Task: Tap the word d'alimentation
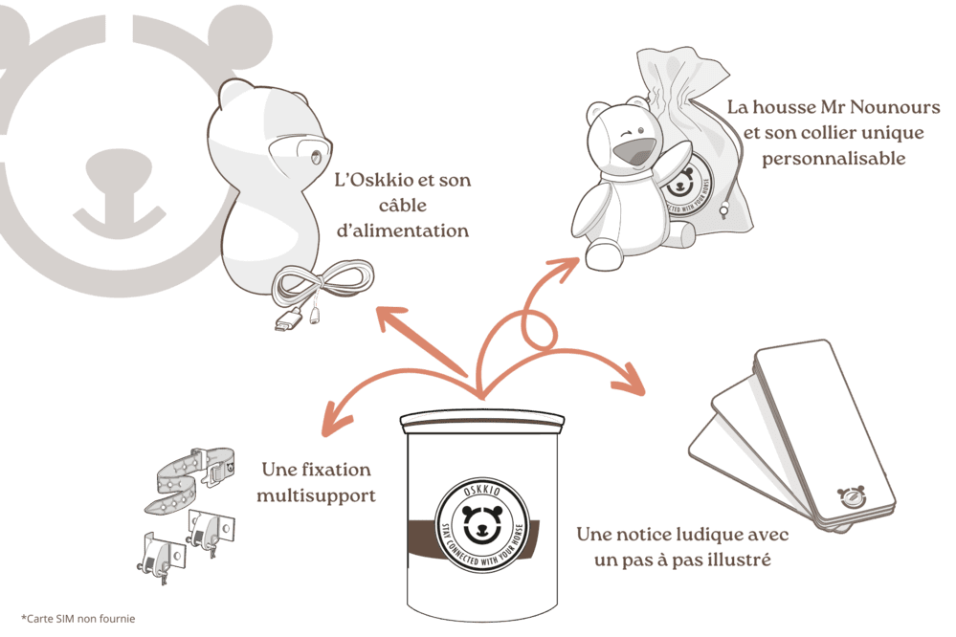pos(403,231)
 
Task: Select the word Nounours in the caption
pos(895,107)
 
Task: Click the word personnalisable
pos(834,159)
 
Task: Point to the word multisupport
pos(316,495)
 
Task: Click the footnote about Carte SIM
pos(78,619)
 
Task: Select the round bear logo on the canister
pos(481,525)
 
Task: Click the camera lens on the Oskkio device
pos(315,157)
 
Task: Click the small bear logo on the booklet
pos(851,495)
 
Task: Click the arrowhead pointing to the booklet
pos(629,380)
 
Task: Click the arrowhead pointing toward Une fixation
pos(335,419)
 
